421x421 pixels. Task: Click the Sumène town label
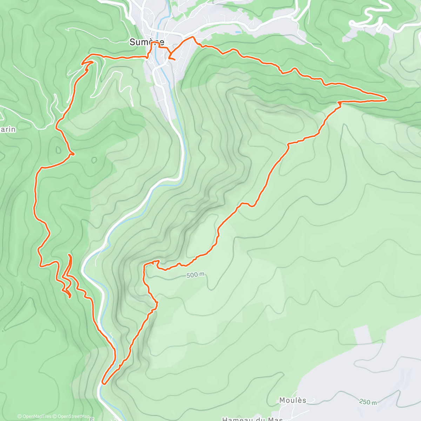pos(146,42)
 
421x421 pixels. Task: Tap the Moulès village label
pos(293,400)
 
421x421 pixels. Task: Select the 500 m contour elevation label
pos(195,275)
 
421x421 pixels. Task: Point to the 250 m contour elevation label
pos(368,402)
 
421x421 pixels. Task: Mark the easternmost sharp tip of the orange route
pos(386,99)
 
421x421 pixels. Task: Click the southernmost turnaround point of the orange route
pos(103,383)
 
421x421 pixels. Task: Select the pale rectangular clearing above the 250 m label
pos(362,335)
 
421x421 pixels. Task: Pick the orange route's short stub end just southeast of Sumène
pos(174,60)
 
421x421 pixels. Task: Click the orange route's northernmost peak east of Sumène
pos(192,37)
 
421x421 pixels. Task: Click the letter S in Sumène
pos(132,42)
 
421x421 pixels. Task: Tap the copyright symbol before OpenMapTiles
pos(19,416)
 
